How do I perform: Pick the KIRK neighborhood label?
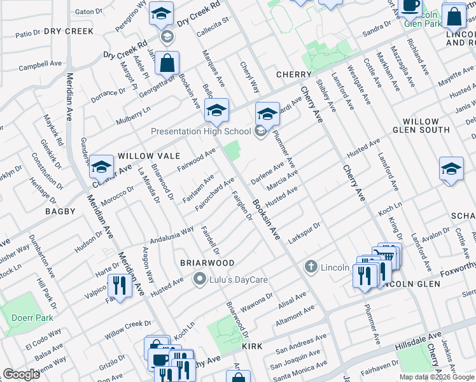(x=256, y=345)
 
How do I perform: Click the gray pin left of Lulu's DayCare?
(x=200, y=278)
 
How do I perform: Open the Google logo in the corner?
(x=21, y=374)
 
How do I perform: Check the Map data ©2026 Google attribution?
(x=437, y=376)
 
